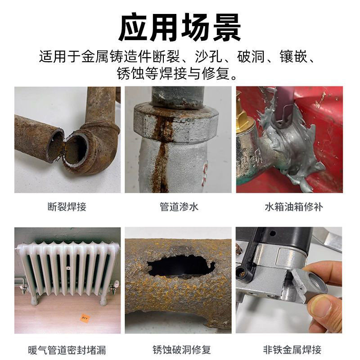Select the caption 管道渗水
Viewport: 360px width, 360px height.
pyautogui.click(x=179, y=207)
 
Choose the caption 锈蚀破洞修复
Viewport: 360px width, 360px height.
pyautogui.click(x=179, y=350)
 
